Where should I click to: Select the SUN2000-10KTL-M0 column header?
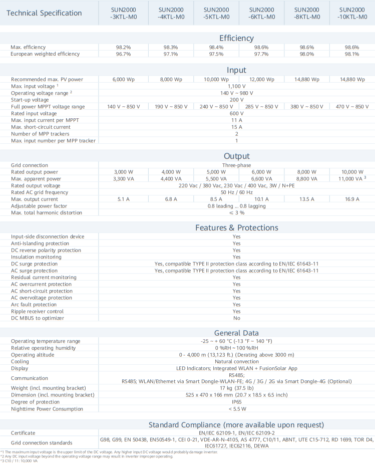352,13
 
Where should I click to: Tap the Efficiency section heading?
236,38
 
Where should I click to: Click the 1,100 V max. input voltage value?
236,86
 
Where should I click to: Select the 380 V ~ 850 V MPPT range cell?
307,107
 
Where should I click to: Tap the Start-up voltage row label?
30,100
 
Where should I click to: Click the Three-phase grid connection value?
236,165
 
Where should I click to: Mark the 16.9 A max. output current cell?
352,199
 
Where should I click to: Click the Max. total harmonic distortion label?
47,213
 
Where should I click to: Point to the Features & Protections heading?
236,228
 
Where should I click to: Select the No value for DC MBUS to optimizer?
236,318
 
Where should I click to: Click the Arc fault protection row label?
34,305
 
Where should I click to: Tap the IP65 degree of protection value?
236,402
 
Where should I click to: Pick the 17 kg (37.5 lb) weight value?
236,388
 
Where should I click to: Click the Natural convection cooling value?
236,361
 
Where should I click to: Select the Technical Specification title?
44,13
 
